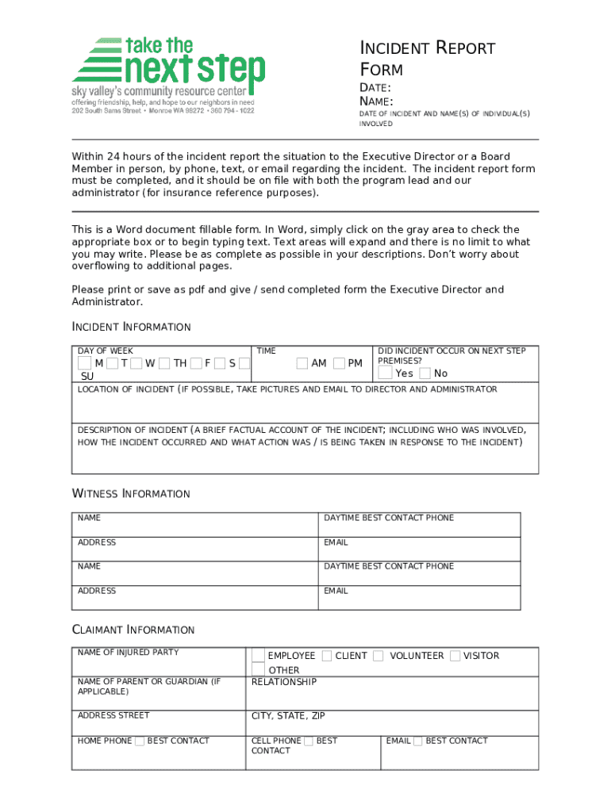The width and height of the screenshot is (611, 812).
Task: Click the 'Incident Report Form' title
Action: coord(428,59)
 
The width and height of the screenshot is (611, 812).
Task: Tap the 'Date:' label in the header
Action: coord(375,88)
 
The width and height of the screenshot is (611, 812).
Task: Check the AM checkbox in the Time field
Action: coord(302,363)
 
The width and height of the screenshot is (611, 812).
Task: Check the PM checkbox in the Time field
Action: coord(340,363)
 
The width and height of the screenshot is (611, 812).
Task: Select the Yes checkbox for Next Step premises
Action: coord(385,373)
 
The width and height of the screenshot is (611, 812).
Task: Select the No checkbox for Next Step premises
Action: coord(425,373)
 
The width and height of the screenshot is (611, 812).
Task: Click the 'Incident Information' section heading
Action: coord(131,327)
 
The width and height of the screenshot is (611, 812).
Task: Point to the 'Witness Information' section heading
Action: coord(131,493)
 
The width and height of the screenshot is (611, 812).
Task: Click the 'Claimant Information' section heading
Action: coord(133,630)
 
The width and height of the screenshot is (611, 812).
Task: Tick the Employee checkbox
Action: coord(259,656)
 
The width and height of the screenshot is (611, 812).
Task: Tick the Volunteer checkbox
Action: coord(379,656)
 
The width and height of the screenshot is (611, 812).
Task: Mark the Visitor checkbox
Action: coord(455,656)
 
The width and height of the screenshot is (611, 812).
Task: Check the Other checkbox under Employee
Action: coord(259,670)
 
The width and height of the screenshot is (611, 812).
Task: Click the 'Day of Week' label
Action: coord(106,350)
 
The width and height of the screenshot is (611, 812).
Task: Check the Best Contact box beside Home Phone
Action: coord(140,741)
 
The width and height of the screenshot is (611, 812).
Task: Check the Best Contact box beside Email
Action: coord(418,741)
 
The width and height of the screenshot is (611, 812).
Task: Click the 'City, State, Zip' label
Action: coord(288,716)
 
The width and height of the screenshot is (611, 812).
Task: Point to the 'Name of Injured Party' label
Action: coord(128,653)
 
